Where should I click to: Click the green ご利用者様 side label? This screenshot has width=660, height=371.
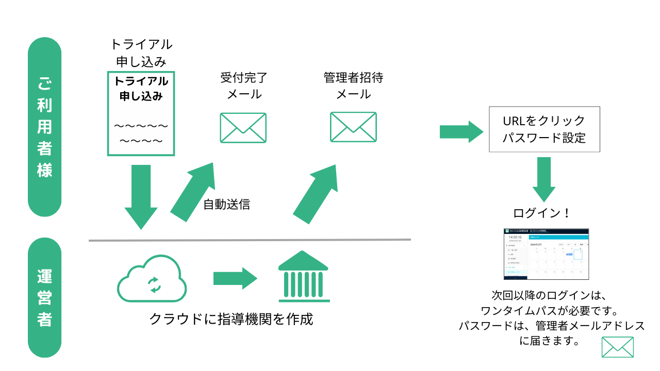coord(44,127)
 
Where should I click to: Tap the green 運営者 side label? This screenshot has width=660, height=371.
coord(44,297)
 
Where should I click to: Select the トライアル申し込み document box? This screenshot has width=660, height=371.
coord(141,113)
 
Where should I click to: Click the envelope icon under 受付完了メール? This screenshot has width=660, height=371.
coord(243,127)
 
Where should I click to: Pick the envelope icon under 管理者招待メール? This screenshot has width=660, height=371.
coord(353,127)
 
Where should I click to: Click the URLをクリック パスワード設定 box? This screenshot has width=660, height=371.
coord(544,129)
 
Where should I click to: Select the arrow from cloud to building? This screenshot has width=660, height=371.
coord(235,279)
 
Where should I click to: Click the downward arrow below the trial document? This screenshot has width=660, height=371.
coord(141,196)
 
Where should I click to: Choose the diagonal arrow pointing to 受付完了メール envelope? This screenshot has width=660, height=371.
coord(193,191)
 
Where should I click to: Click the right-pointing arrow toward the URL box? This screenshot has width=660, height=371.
coord(461,132)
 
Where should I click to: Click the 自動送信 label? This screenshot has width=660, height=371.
coord(226,204)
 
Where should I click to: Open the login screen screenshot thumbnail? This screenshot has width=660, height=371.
coord(546,254)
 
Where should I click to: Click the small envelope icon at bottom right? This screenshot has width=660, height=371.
coord(617,347)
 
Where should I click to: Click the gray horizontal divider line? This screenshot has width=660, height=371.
coord(250,240)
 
